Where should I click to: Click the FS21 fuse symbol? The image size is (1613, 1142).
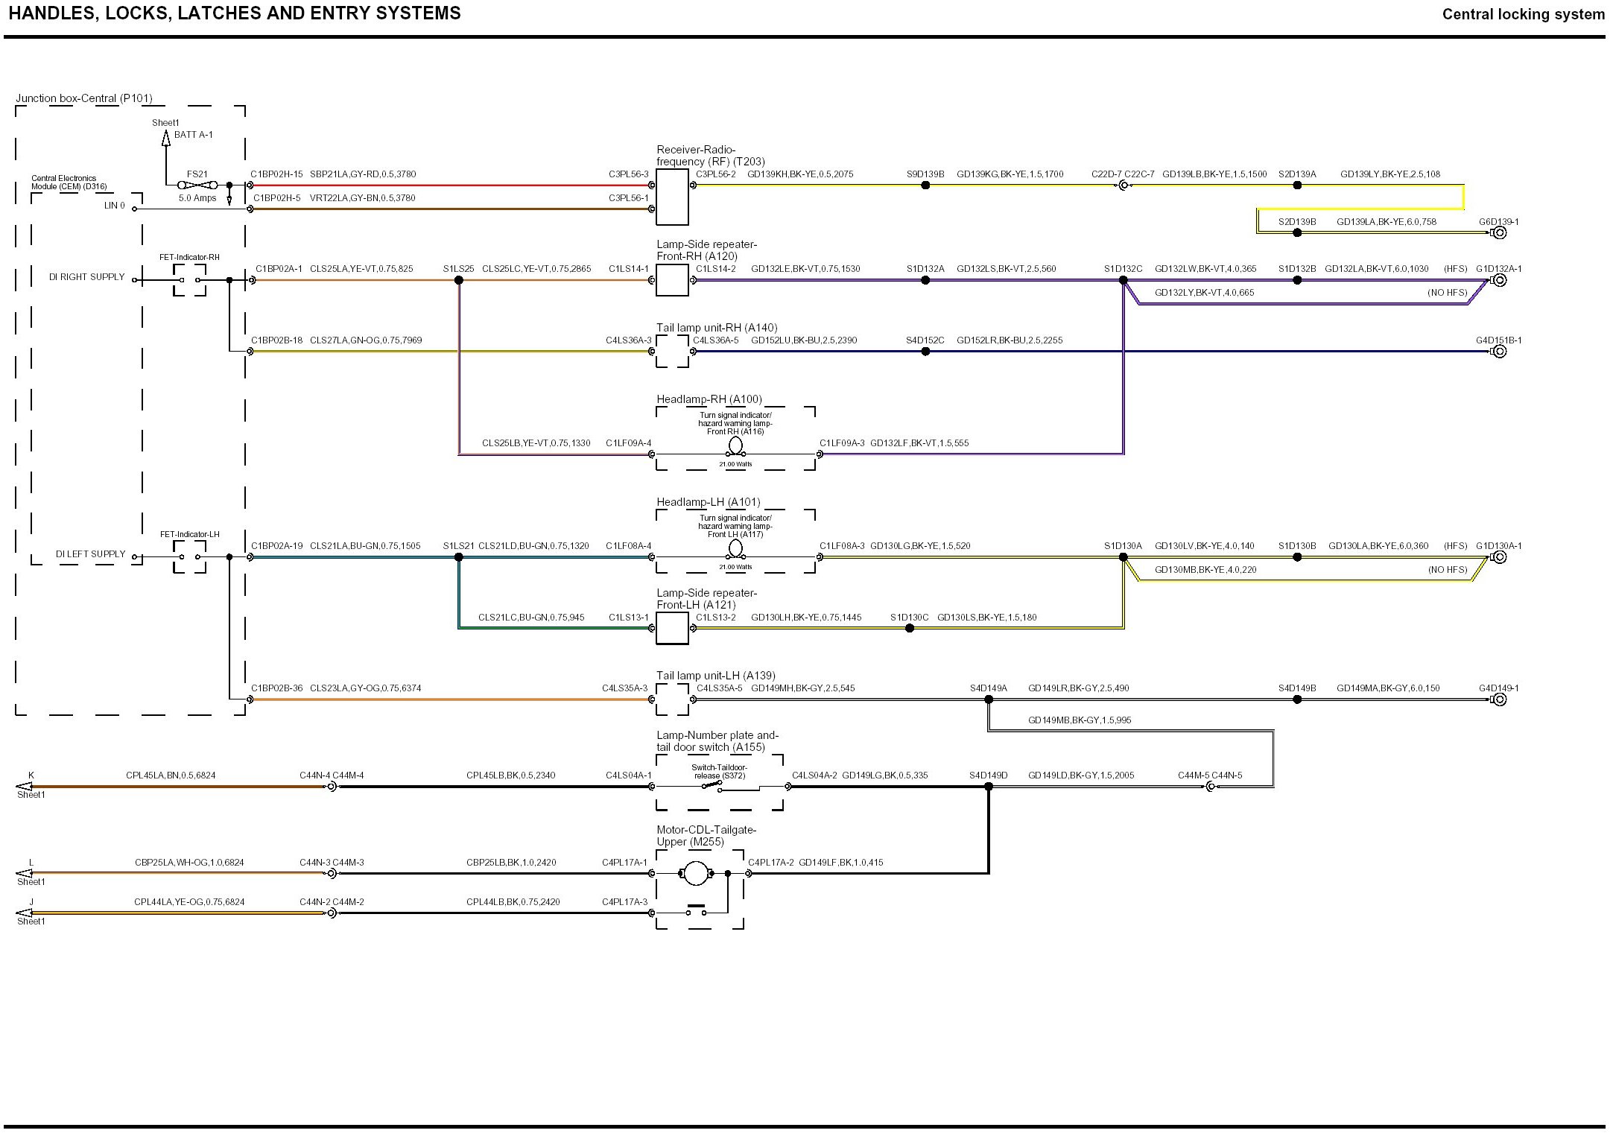click(x=197, y=185)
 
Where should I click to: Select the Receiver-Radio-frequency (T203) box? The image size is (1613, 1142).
click(x=672, y=197)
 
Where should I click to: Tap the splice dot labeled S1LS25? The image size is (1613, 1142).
click(x=459, y=280)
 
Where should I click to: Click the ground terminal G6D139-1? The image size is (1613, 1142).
click(x=1500, y=232)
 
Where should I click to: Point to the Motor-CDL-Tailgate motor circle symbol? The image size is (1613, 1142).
click(x=695, y=873)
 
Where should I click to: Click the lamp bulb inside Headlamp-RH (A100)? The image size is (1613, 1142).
click(x=735, y=446)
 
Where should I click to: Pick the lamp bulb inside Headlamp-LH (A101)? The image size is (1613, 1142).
click(x=735, y=549)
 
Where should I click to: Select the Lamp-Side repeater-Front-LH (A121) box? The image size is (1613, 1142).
click(x=672, y=628)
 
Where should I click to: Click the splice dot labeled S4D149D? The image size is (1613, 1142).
click(x=989, y=787)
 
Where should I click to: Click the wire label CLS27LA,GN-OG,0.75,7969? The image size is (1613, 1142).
click(x=366, y=340)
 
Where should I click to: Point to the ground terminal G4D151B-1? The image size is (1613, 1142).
click(x=1500, y=352)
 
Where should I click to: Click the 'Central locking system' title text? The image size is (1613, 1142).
click(x=1523, y=14)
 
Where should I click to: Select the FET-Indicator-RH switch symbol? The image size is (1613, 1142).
click(x=189, y=280)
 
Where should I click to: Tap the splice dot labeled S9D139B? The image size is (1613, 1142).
click(x=925, y=185)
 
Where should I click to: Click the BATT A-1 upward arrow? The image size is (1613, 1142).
click(x=166, y=137)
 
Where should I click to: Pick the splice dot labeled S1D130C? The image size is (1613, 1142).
click(x=910, y=628)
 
